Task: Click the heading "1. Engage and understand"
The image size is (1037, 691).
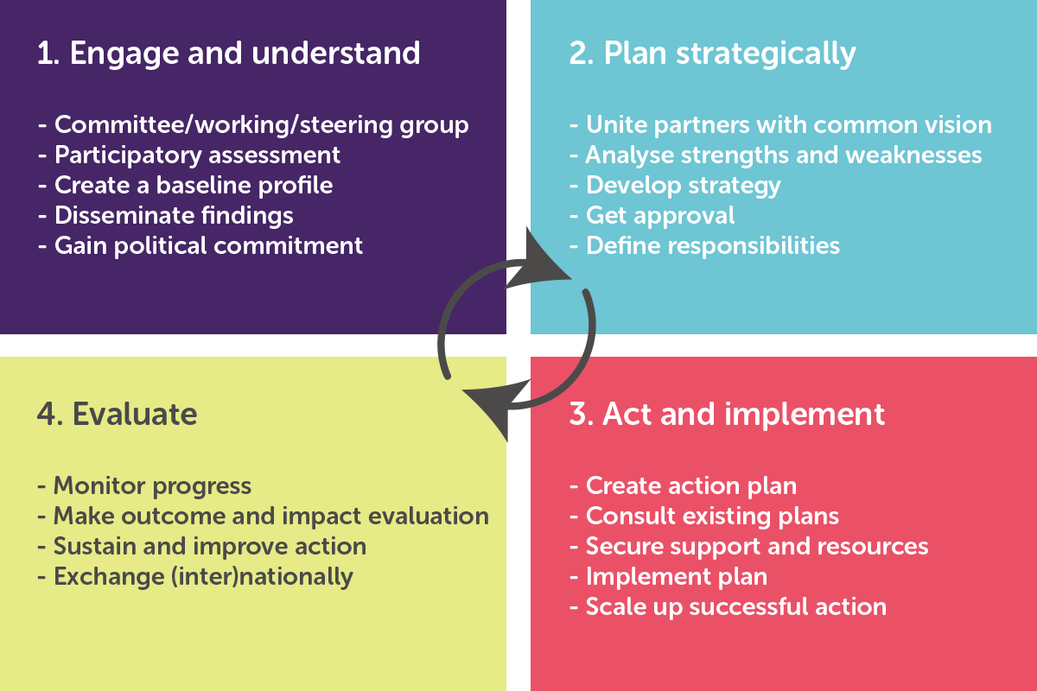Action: (x=229, y=54)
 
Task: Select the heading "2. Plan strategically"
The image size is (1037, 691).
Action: (x=712, y=54)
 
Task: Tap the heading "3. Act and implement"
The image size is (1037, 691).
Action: (x=727, y=415)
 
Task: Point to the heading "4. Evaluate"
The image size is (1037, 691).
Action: (x=118, y=414)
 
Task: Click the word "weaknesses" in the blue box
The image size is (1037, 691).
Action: (x=913, y=155)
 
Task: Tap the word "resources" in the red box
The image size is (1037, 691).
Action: (x=873, y=547)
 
